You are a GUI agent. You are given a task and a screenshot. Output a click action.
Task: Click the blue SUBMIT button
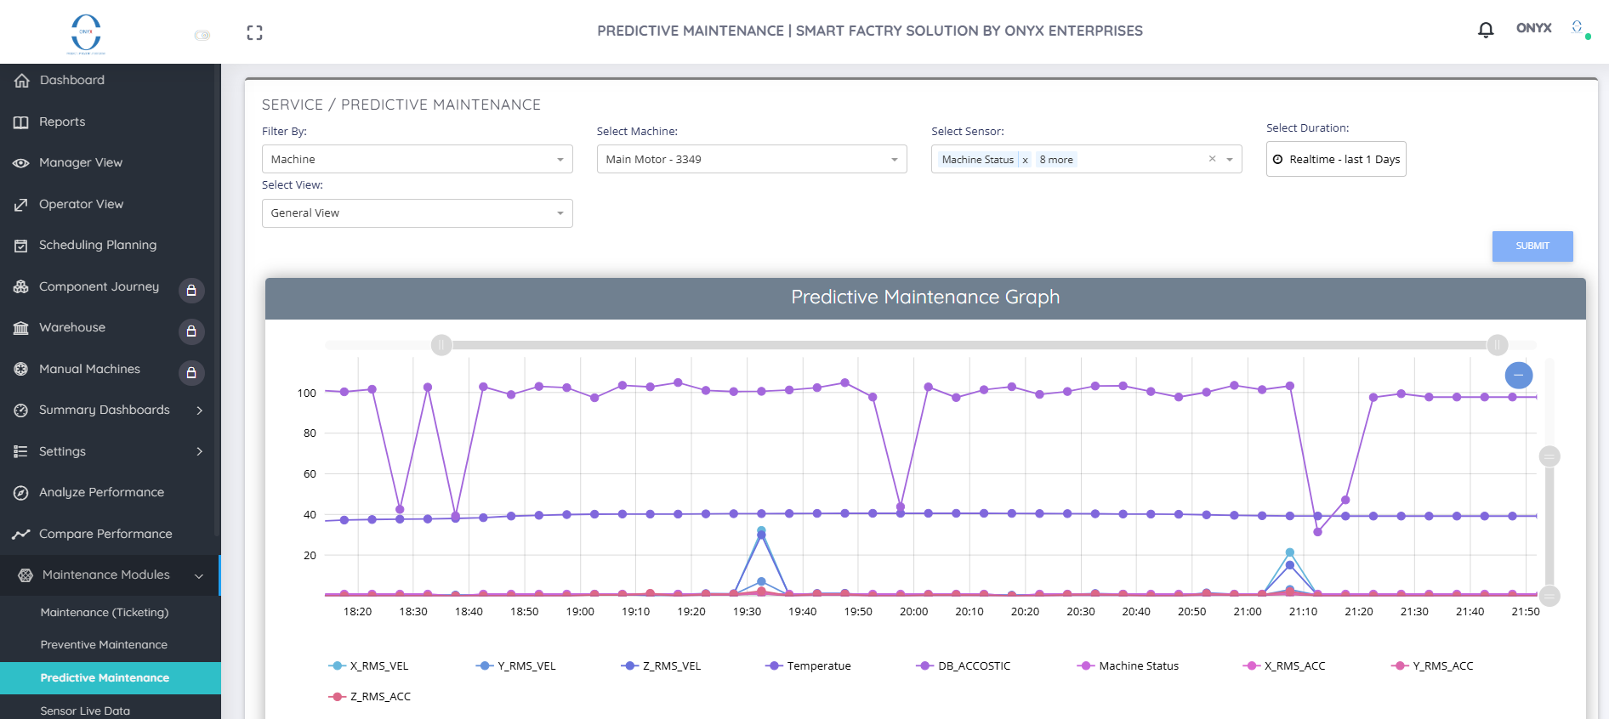pos(1532,246)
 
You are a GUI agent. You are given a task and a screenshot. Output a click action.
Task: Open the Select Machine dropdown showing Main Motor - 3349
pos(752,159)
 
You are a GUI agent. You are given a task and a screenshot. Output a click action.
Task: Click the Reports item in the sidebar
pos(62,122)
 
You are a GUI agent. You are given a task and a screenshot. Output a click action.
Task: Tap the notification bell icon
pos(1486,30)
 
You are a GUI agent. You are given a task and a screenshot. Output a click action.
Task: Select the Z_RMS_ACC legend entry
pos(370,697)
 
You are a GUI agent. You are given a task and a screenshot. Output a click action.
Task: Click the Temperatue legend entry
pos(808,666)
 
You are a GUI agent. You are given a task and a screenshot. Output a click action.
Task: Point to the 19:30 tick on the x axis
pos(748,612)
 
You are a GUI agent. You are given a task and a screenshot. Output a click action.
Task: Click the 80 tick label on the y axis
pos(310,433)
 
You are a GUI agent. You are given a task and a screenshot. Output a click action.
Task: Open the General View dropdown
pos(418,213)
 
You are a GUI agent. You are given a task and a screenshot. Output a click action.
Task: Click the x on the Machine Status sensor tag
pos(1025,160)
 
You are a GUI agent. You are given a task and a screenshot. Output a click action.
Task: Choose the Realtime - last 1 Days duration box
pos(1336,159)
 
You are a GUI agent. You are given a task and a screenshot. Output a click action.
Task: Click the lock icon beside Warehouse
pos(191,331)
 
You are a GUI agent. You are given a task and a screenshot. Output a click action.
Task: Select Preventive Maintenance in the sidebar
pos(104,645)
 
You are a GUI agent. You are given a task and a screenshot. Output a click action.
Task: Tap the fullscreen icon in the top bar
pos(254,33)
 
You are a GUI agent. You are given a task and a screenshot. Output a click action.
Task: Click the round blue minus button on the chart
pos(1519,375)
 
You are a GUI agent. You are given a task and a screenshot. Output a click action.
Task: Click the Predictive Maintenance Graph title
pos(925,297)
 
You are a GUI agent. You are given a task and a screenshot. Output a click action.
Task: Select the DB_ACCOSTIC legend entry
pos(964,666)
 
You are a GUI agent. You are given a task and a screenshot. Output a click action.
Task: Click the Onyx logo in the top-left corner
pos(86,34)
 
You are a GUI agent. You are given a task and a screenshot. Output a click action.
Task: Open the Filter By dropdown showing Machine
pos(418,159)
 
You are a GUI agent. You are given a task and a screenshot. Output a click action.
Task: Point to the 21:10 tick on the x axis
pos(1303,612)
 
